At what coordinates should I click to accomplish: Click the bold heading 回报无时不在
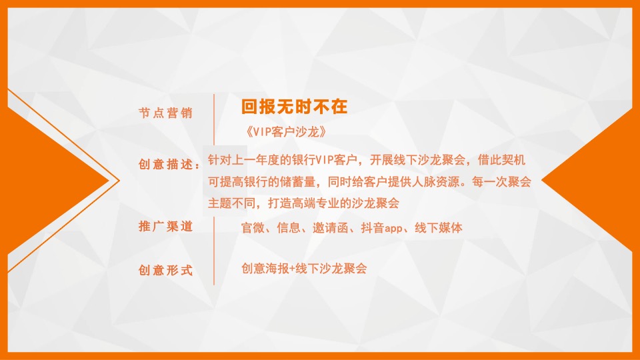tap(295, 107)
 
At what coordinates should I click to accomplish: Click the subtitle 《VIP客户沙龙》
tap(286, 131)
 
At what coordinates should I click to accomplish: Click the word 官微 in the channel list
tap(253, 228)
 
